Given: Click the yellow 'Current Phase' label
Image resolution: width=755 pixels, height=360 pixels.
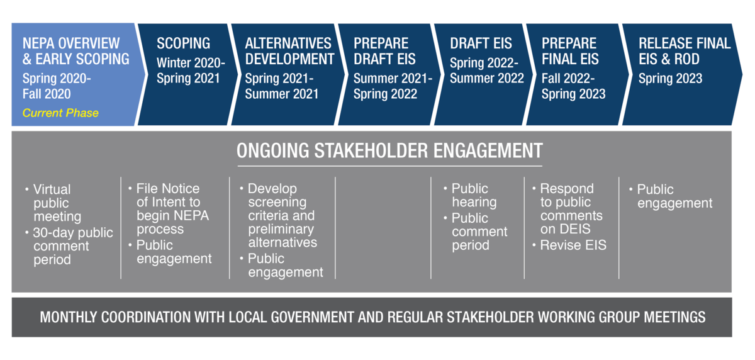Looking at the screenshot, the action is [60, 113].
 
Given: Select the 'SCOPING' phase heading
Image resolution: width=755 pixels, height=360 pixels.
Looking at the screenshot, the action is [183, 43].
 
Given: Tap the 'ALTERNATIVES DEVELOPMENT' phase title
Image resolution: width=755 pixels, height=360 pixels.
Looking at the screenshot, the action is [289, 51].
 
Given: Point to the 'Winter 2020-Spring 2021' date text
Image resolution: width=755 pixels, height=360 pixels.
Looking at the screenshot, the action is [191, 70].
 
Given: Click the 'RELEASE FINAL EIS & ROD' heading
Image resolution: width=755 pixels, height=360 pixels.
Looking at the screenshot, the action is [685, 51].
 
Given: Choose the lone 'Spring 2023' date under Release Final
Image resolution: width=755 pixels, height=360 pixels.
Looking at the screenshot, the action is [670, 79].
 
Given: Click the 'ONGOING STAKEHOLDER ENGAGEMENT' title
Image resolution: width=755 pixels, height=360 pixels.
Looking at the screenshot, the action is [389, 150].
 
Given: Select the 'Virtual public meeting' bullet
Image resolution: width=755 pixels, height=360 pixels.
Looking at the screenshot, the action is [53, 203].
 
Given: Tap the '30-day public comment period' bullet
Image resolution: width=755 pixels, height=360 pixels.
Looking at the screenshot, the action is [69, 246].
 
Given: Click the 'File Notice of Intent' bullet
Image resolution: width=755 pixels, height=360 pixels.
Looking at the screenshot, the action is [169, 209].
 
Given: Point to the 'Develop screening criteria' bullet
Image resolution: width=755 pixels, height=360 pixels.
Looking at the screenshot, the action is [278, 215].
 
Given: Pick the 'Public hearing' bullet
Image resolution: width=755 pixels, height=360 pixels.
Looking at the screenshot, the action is [470, 195].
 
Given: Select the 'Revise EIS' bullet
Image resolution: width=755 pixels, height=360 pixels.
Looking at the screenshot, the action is [569, 245].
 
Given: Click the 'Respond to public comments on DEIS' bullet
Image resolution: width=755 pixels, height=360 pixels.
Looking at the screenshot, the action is [568, 209].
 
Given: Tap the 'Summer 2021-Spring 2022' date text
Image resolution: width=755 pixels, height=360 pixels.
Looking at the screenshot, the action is [393, 86].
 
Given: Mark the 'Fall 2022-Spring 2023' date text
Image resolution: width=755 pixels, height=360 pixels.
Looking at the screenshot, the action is [573, 86].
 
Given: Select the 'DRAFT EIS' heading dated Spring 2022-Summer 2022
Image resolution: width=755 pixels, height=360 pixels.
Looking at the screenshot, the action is [481, 43].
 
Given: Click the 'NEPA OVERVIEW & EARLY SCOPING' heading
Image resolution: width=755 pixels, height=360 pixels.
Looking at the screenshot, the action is [76, 51].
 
